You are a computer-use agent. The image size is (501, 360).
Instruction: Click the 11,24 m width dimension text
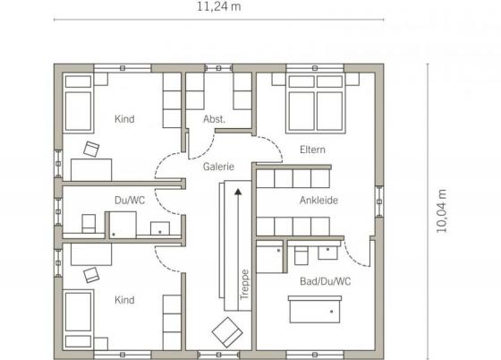pos(218,6)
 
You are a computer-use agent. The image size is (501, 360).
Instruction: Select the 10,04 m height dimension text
pos(442,211)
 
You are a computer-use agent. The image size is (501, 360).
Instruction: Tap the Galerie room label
pos(218,167)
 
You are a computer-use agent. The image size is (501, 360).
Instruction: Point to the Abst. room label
pos(214,119)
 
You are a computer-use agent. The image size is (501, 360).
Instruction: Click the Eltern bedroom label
pos(312,150)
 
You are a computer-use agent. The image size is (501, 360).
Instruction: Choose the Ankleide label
pos(318,201)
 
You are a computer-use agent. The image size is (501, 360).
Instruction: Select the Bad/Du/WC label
pos(326,281)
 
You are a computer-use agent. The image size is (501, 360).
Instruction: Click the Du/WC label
pos(130,201)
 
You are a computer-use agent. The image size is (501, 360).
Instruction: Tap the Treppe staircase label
pos(244,285)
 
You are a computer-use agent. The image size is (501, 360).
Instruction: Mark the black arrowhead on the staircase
pos(238,192)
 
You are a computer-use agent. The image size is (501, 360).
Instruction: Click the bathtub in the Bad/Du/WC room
pos(315,309)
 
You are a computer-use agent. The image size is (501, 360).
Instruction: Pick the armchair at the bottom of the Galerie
pos(227,332)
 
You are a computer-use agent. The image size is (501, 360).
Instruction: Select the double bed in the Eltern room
pos(316,104)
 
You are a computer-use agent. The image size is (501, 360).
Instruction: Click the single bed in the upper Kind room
pos(79,103)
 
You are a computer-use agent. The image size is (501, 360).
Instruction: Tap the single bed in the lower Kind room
pos(79,320)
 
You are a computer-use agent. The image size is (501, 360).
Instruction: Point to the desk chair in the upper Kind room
pos(91,150)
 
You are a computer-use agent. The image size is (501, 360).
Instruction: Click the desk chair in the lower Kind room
pos(91,275)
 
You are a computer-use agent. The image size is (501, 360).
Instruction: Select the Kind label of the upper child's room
pos(124,119)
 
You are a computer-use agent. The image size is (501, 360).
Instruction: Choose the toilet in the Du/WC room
pos(89,223)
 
